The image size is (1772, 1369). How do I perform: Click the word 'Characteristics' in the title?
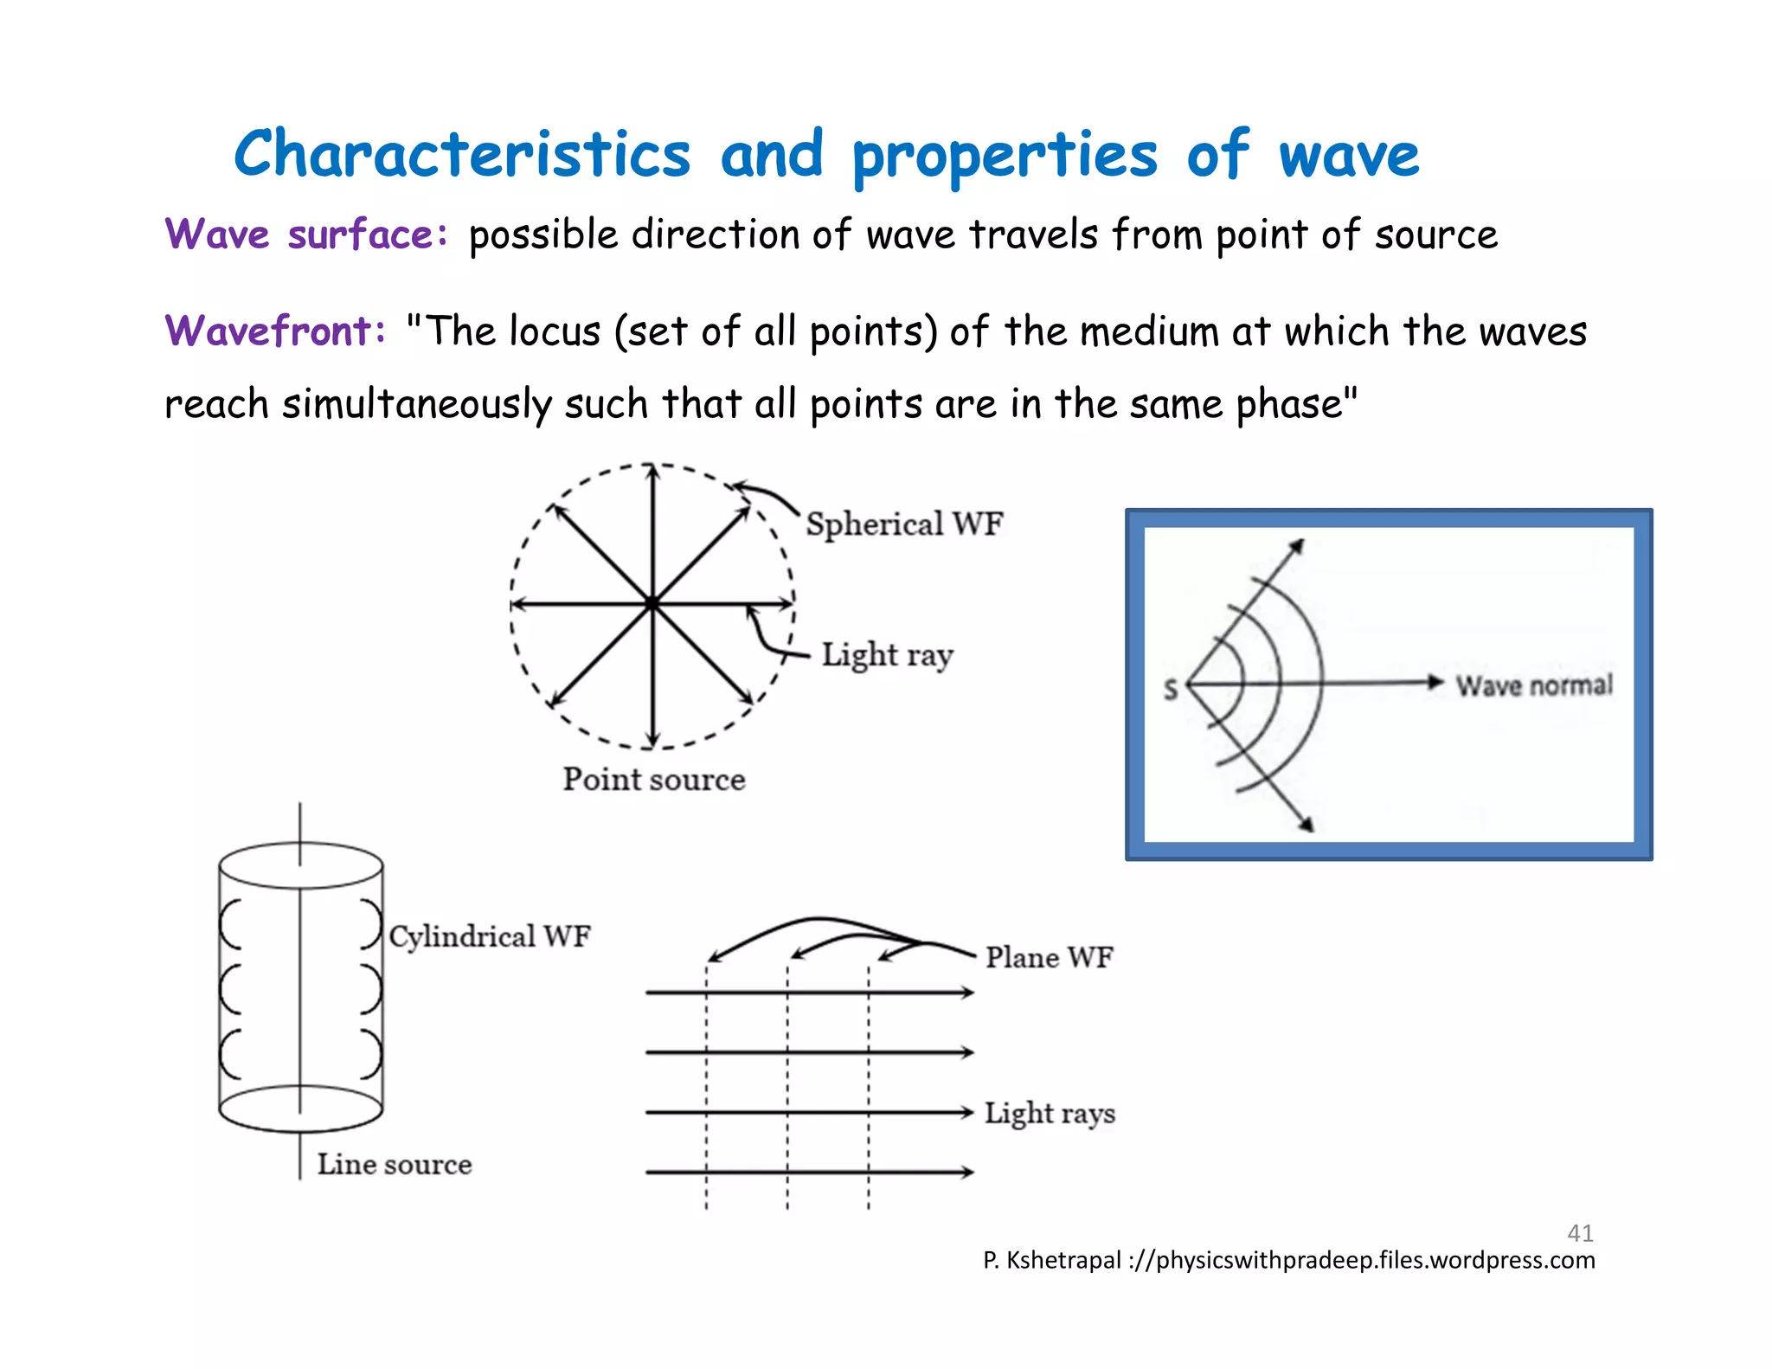tap(462, 155)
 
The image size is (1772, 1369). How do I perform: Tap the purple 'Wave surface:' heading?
tap(306, 235)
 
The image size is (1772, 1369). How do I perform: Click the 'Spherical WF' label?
tap(904, 524)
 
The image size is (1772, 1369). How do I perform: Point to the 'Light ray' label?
tap(887, 655)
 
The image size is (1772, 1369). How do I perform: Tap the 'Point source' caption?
tap(654, 780)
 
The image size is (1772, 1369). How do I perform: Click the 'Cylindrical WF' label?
tap(490, 936)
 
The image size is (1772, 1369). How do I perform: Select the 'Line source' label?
tap(395, 1165)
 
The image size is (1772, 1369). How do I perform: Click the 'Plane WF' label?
tap(1050, 958)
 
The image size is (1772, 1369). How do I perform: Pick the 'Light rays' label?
tap(1050, 1114)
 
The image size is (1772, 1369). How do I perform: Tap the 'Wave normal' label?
tap(1534, 685)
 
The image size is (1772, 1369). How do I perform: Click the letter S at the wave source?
tap(1171, 690)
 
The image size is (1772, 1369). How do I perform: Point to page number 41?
tap(1580, 1232)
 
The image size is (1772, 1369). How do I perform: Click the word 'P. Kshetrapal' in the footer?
tap(1051, 1260)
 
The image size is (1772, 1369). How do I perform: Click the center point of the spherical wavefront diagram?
tap(652, 603)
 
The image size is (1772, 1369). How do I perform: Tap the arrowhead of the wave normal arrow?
tap(1436, 682)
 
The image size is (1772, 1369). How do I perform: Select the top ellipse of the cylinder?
tap(300, 864)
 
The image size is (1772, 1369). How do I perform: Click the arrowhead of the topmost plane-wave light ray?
tap(966, 993)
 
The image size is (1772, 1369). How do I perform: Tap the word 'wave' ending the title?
tap(1349, 157)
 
